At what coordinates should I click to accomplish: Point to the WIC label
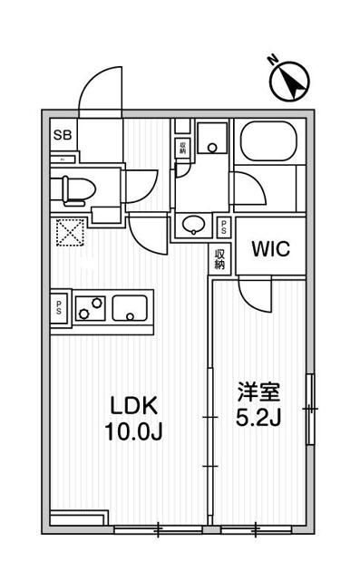coord(271,249)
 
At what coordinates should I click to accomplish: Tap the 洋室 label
coord(260,393)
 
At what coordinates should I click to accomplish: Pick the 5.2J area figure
coord(260,420)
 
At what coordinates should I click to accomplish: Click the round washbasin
coord(193,225)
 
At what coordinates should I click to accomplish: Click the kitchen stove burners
coord(89,309)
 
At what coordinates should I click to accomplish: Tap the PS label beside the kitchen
coord(60,305)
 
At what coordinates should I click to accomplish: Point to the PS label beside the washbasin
coord(223,227)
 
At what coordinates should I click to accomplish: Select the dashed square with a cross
coord(69,233)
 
